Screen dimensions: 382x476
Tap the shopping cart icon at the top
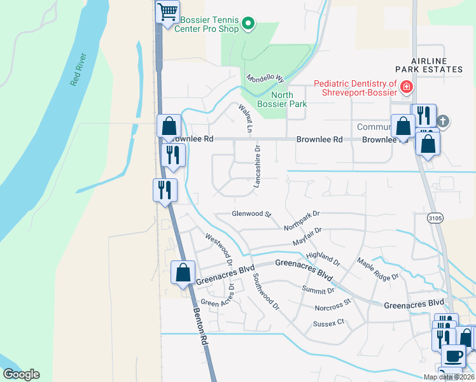coord(167,12)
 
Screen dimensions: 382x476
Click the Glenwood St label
coord(251,214)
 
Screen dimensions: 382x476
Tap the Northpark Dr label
coord(302,220)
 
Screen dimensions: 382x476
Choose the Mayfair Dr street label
coord(307,237)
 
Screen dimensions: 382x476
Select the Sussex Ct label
coord(328,323)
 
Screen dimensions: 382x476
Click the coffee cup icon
coord(453,355)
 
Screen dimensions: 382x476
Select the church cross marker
coord(444,120)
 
